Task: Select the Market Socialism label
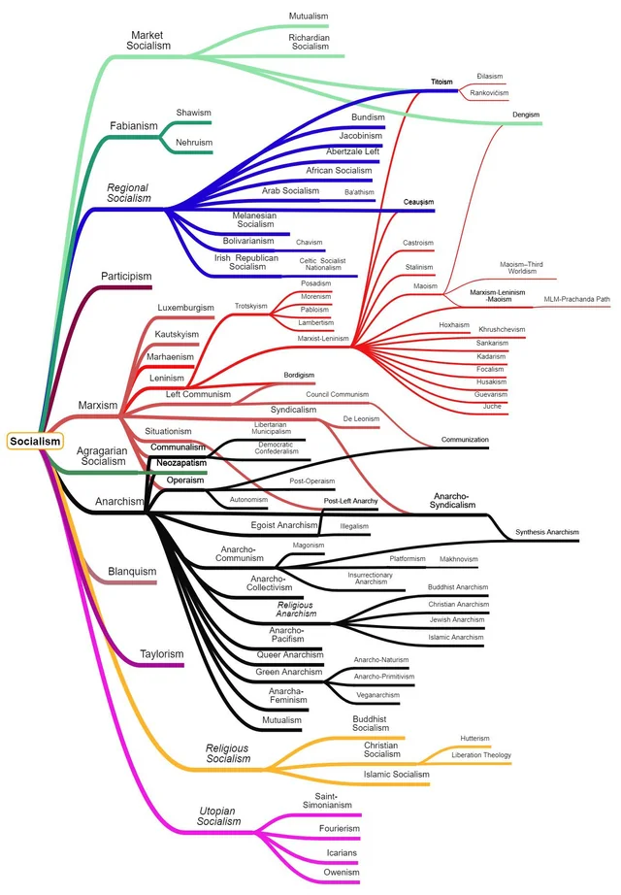150,40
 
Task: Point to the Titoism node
442,82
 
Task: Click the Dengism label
526,115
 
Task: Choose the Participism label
126,277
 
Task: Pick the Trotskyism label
251,306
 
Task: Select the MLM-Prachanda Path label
576,299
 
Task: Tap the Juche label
492,407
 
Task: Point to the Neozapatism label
181,464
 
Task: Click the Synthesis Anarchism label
547,532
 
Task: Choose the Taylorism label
160,654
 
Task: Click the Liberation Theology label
480,754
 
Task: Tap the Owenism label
341,873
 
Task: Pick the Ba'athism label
359,192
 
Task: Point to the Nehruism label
193,143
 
